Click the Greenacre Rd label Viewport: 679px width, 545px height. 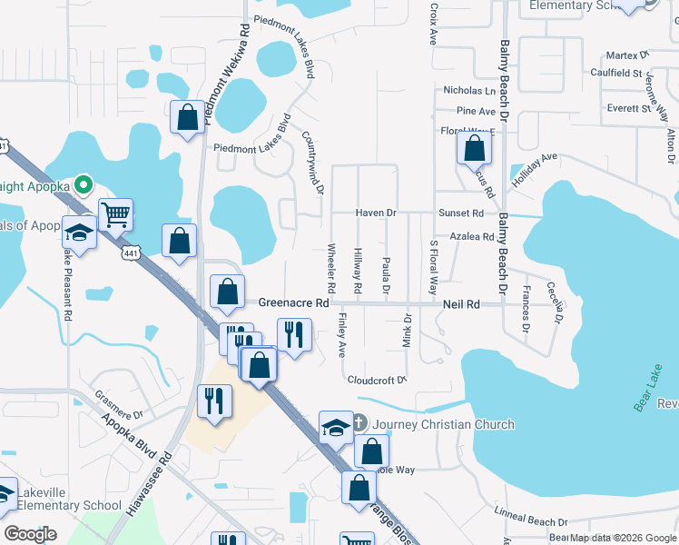coord(292,302)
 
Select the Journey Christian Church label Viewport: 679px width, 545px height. coord(443,424)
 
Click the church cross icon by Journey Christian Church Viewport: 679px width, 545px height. coord(359,423)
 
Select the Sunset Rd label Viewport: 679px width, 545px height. coord(461,213)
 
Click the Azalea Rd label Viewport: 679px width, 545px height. coord(471,236)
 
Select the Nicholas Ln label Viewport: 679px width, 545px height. coord(469,91)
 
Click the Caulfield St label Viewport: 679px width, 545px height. coord(615,73)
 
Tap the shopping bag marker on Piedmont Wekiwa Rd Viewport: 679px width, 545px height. coord(187,118)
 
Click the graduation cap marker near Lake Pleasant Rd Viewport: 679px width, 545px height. coord(79,233)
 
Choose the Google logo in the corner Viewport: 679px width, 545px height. coord(30,534)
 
